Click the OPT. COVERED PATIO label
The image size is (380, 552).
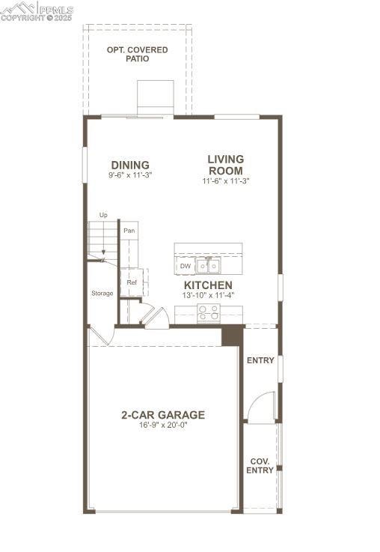pos(137,54)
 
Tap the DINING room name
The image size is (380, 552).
pos(130,165)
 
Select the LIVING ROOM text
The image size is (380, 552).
pos(225,164)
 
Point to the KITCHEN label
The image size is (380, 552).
pos(208,285)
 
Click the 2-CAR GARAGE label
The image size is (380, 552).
pos(163,415)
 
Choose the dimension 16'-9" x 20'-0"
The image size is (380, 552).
pos(163,425)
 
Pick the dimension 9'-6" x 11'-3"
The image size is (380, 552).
pos(130,175)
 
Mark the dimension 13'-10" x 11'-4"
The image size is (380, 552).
pos(208,295)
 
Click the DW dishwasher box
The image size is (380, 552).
pos(185,266)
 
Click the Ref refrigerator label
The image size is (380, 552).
pos(132,282)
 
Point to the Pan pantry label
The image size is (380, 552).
pos(129,231)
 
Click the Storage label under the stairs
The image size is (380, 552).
pos(102,293)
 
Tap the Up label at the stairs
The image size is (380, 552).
pos(103,215)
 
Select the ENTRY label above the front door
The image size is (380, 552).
pos(260,360)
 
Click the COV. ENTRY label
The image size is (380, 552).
pos(260,466)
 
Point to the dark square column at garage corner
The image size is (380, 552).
pos(233,335)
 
